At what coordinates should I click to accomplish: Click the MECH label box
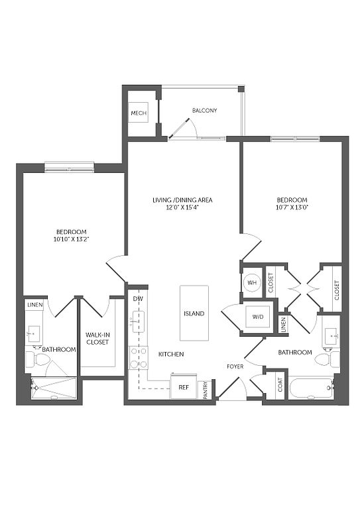click(x=139, y=113)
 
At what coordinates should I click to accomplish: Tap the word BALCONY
click(x=204, y=111)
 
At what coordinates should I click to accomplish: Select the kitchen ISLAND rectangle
click(x=194, y=313)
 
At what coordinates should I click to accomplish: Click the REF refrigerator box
click(x=184, y=386)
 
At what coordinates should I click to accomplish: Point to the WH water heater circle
click(x=252, y=282)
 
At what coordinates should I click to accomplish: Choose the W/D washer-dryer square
click(x=258, y=317)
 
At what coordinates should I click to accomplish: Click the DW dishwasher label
click(x=138, y=299)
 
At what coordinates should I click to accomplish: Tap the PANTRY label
click(x=205, y=390)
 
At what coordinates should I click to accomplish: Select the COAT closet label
click(x=280, y=384)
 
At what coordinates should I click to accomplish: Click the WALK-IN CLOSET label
click(x=97, y=338)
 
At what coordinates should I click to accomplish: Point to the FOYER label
click(x=235, y=367)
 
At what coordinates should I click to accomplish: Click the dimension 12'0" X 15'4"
click(x=182, y=207)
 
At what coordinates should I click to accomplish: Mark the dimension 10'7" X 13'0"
click(x=292, y=207)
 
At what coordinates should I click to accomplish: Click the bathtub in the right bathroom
click(x=311, y=388)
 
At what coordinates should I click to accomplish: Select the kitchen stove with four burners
click(x=139, y=358)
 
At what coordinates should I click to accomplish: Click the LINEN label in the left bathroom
click(x=35, y=305)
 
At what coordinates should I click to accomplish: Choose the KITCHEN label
click(x=171, y=354)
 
